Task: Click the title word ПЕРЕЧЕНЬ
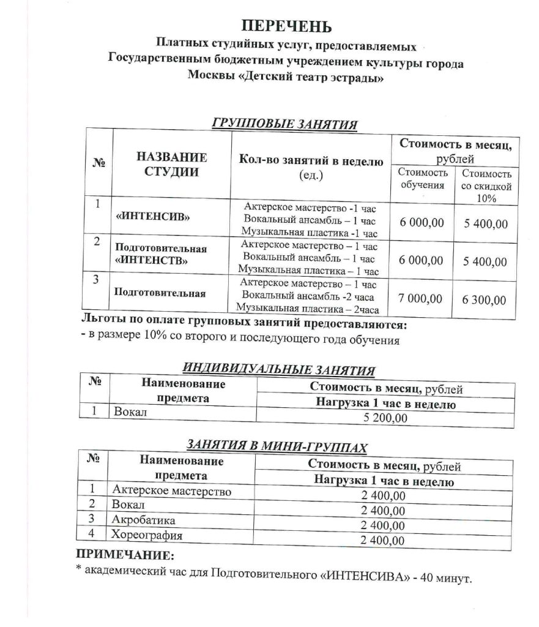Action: pos(286,26)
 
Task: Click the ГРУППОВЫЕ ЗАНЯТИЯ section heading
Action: pos(284,124)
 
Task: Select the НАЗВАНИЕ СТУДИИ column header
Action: pos(171,164)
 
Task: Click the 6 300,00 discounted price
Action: pos(485,300)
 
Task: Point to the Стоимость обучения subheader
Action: pos(423,179)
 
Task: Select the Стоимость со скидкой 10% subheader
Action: pos(486,186)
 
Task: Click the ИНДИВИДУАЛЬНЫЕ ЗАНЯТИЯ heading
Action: pos(279,370)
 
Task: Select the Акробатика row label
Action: pos(144,520)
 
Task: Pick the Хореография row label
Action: pos(147,535)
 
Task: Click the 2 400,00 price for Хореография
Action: pos(383,540)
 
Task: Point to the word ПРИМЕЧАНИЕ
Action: pos(125,555)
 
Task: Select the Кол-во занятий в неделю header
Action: pos(311,162)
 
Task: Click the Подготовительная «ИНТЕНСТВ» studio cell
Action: pos(161,255)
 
